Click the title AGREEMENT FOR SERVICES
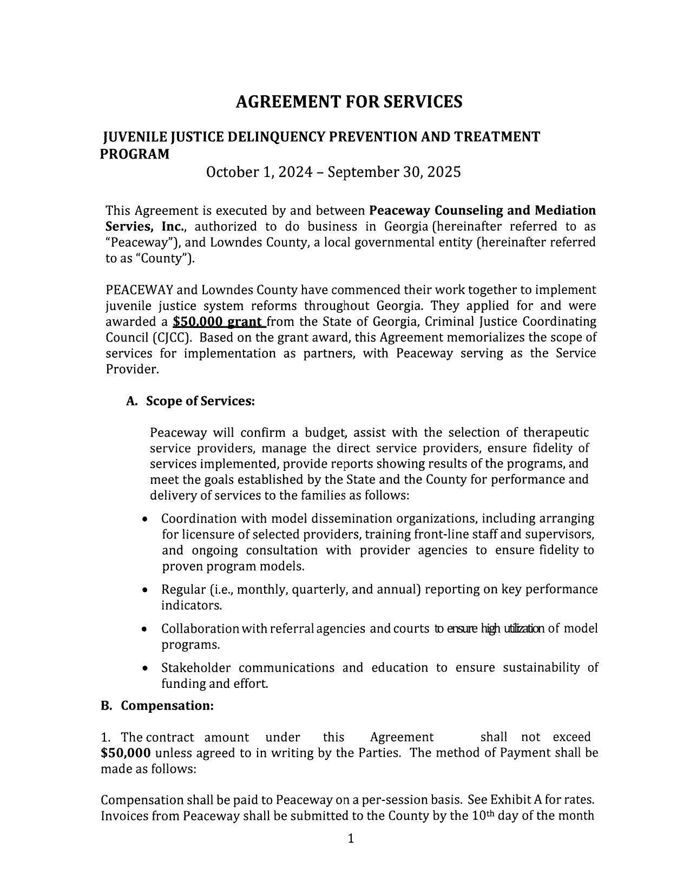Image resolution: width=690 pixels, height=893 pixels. [349, 102]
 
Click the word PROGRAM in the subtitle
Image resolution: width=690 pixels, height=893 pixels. [135, 154]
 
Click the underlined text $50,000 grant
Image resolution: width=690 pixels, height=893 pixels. [219, 322]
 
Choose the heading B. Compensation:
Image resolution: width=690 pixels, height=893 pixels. [157, 706]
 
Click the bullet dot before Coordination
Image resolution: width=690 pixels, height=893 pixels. [144, 519]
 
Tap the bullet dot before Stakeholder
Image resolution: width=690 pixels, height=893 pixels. [144, 668]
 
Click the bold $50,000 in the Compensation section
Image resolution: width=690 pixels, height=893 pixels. [126, 753]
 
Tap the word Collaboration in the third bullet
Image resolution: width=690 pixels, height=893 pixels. [200, 629]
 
